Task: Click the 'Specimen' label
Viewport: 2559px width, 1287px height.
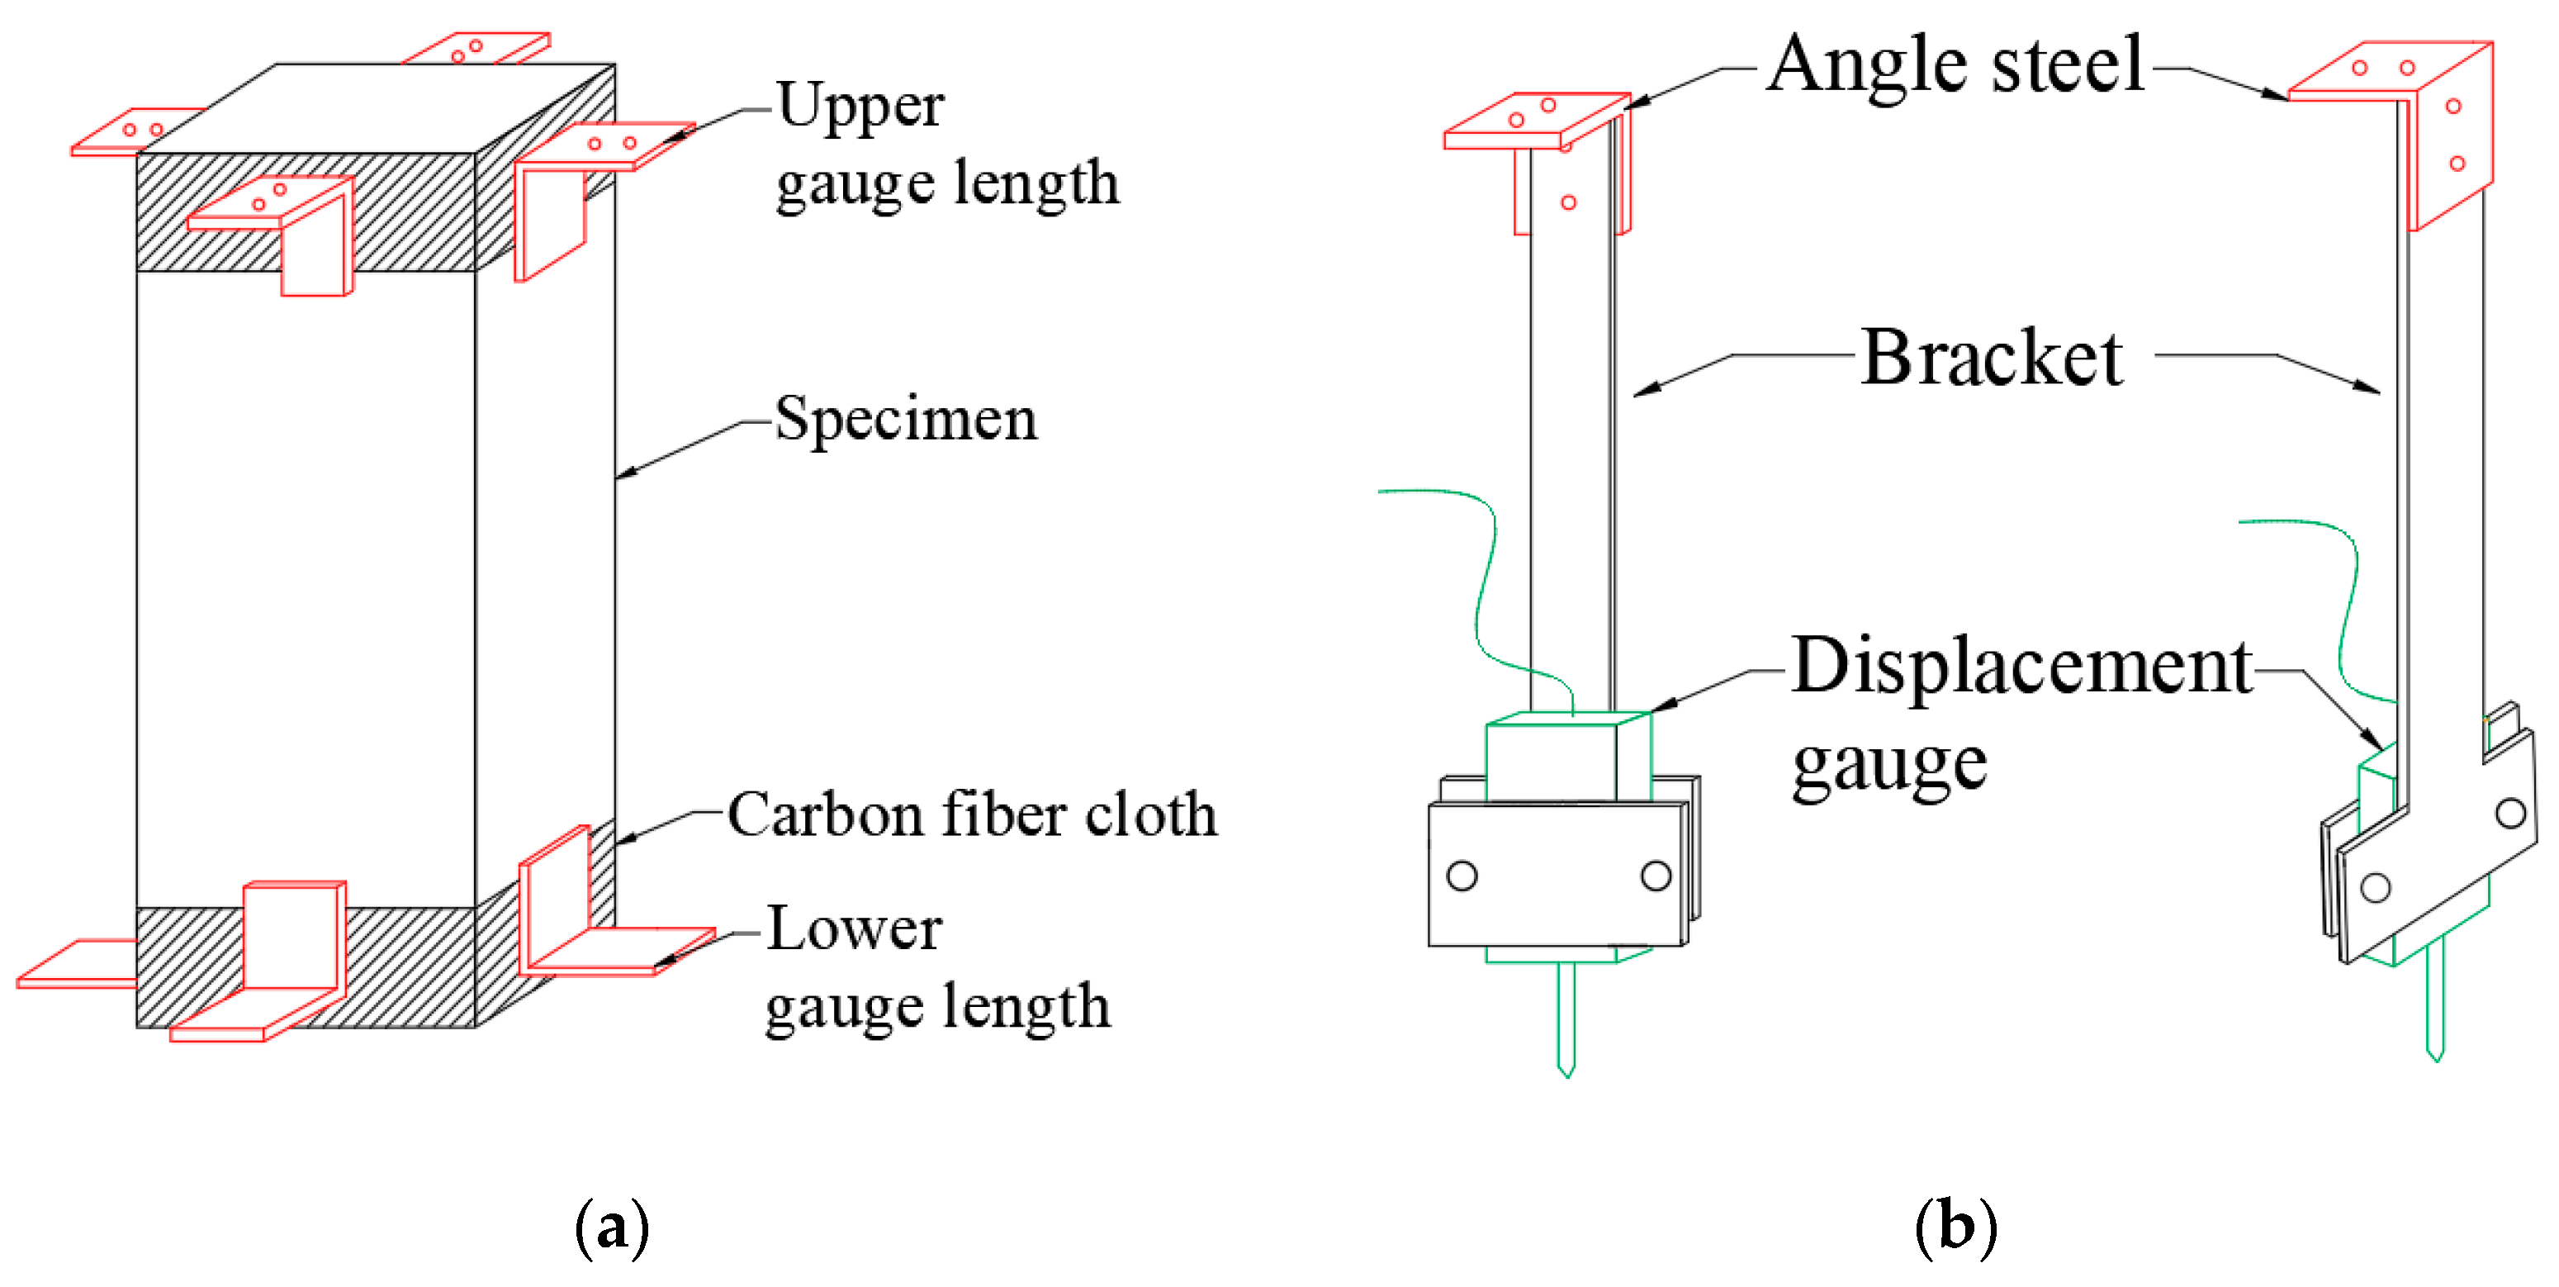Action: pos(905,420)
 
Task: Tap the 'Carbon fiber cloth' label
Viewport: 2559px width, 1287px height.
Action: pos(972,815)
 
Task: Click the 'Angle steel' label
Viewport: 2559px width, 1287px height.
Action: pos(1955,64)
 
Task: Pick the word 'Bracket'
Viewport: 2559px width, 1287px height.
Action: pos(1991,358)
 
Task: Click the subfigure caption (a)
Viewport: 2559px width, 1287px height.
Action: pos(612,1228)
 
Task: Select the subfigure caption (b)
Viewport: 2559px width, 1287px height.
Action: pos(1955,1228)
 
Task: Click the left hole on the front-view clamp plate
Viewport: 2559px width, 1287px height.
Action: pos(1462,876)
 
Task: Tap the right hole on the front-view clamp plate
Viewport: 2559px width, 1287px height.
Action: pos(1655,876)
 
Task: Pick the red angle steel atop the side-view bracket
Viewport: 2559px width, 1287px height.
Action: pos(2404,109)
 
